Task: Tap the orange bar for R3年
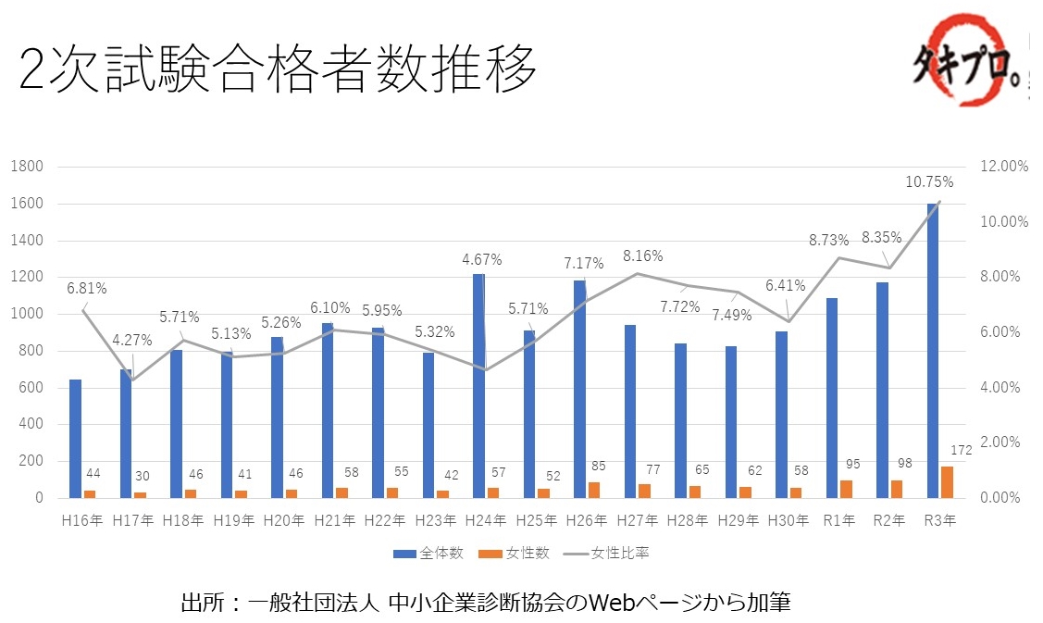pos(946,482)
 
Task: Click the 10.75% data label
pos(930,181)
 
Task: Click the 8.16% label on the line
pos(642,255)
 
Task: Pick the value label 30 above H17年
pos(142,476)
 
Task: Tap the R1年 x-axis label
pos(838,521)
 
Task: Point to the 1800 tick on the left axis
pos(29,167)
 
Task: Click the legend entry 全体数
pos(428,554)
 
